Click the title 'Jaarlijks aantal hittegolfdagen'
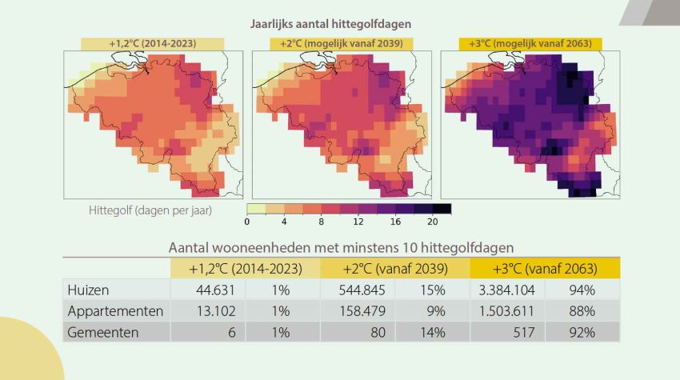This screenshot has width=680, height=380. pos(342,26)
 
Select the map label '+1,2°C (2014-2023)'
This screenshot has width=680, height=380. pos(152,43)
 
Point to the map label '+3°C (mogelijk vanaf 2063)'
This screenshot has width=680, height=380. pos(530,43)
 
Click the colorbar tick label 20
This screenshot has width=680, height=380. pos(433,222)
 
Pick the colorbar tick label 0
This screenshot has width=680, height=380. pos(247,222)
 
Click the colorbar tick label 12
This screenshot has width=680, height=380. pos(358,222)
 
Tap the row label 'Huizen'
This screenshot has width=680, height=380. pos(89,290)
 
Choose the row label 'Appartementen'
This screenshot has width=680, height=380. pos(116,310)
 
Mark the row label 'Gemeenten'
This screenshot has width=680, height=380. pos(103,331)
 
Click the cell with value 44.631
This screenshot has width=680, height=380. pos(210,290)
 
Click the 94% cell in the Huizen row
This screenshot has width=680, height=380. pos(581,290)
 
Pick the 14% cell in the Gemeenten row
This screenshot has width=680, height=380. pos(431,331)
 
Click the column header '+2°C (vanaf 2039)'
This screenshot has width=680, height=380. pos(394,269)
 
